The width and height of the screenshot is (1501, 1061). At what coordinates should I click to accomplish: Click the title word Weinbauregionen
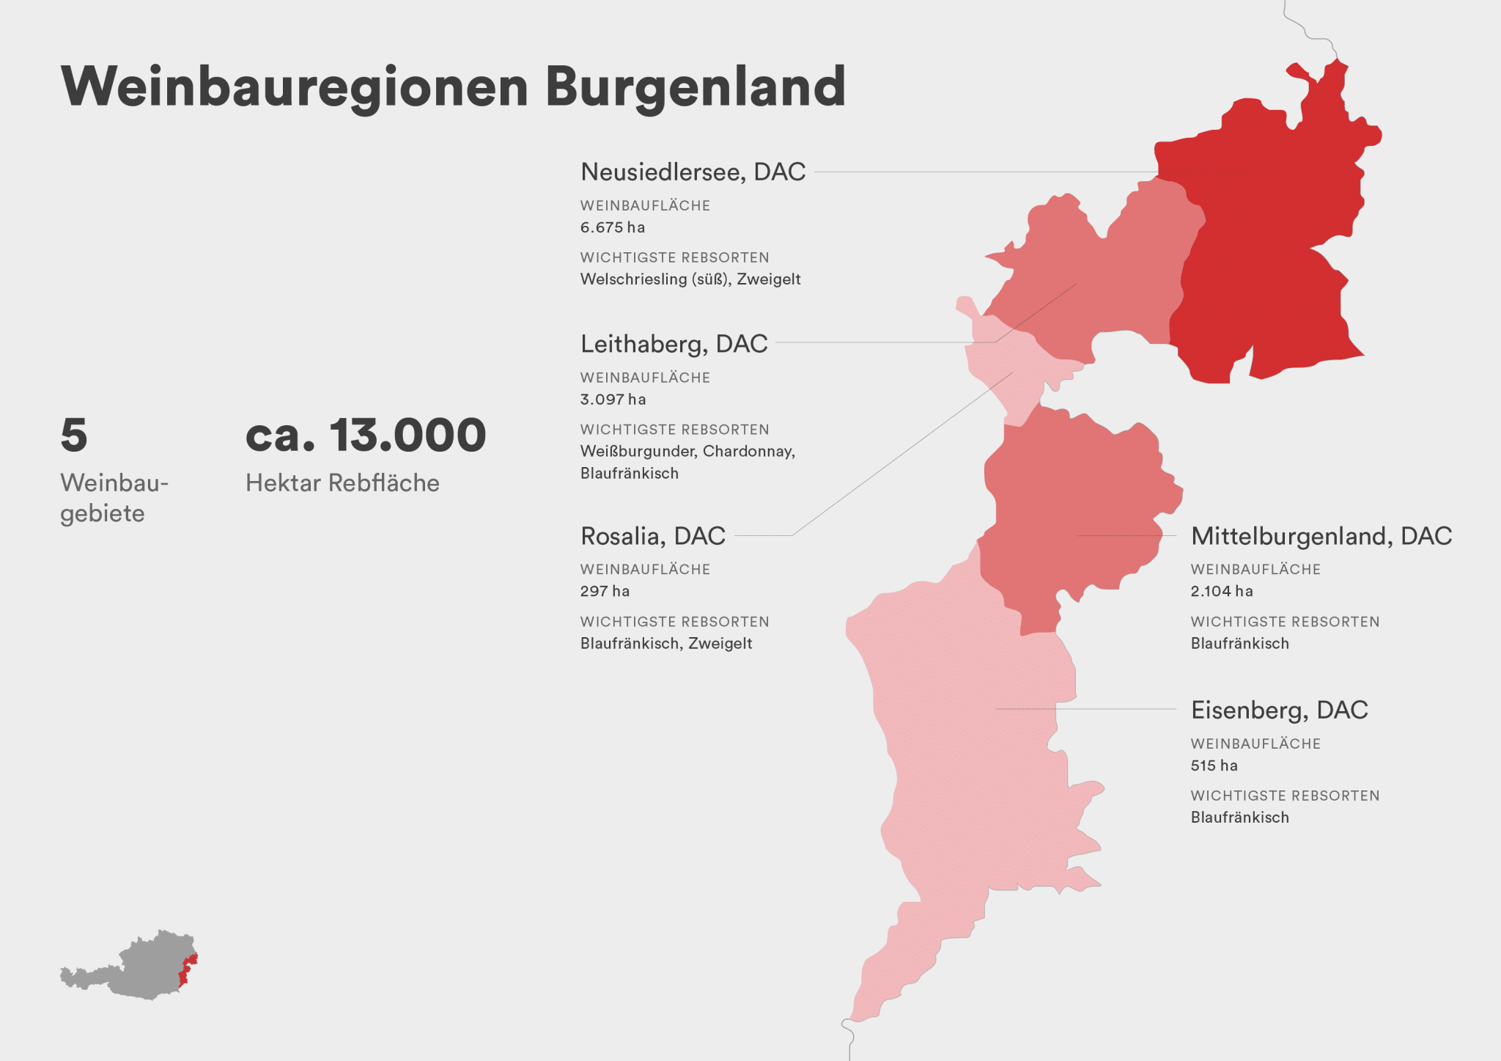click(294, 87)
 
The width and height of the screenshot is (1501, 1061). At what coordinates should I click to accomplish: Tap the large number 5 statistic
click(74, 435)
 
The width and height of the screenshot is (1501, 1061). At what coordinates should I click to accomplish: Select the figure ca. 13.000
click(365, 435)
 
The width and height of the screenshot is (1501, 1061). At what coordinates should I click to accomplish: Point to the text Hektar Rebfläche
click(342, 483)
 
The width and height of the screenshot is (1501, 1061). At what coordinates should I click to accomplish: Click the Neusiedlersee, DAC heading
click(693, 172)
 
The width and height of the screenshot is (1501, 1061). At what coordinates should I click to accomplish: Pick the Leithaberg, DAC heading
click(674, 343)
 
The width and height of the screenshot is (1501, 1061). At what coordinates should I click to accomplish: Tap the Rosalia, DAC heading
click(652, 536)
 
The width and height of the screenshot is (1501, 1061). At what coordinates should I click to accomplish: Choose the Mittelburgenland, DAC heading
click(1321, 536)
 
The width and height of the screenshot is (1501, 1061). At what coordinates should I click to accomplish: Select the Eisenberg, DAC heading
click(1279, 710)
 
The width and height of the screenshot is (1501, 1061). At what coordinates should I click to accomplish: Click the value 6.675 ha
click(612, 227)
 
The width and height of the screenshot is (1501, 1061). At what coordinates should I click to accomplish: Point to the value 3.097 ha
click(613, 400)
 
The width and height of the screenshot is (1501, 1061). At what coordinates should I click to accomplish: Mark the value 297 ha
click(605, 591)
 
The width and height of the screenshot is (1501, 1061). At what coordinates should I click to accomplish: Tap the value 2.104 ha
click(1221, 591)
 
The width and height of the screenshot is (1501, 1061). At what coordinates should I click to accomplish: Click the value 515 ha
click(1214, 766)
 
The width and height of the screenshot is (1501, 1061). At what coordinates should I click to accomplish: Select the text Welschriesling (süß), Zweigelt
click(690, 279)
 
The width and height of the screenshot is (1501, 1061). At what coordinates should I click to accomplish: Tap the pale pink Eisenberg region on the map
click(967, 770)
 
